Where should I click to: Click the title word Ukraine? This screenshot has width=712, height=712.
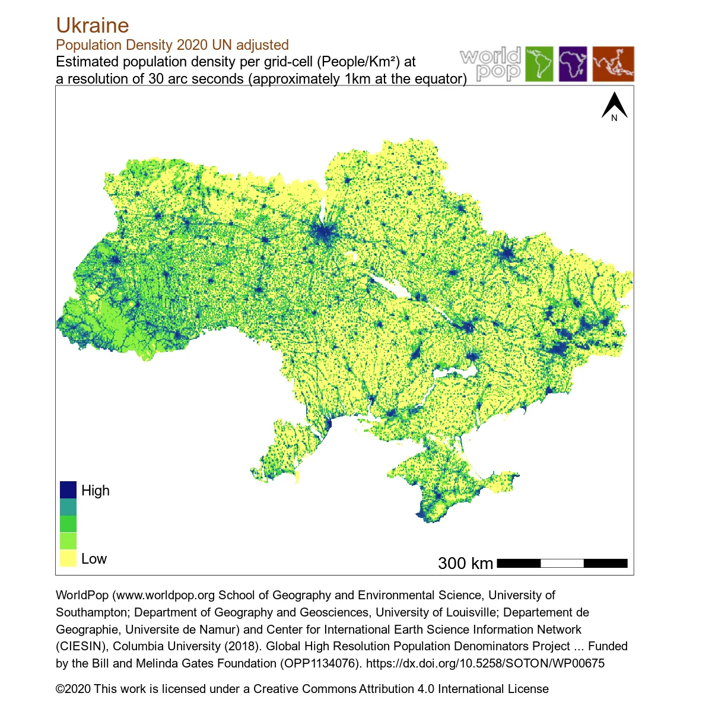coord(93,26)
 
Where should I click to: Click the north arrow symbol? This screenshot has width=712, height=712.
coord(614,106)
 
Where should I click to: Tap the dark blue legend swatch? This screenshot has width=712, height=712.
coord(68,490)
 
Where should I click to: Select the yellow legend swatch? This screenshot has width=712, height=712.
coord(68,558)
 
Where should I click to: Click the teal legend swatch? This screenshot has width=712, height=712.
coord(68,507)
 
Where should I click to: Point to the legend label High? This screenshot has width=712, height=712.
coord(96,491)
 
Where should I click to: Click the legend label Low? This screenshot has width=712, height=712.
coord(94,559)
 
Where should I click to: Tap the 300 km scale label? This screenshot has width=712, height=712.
coord(465,563)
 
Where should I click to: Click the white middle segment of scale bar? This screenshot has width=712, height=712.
coord(562,563)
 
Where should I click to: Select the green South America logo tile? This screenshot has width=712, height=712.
coord(539,64)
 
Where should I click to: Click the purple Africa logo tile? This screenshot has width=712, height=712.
coord(573,64)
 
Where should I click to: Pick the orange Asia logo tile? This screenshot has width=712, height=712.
coord(614,64)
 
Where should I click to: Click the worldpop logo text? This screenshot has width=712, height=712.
coord(491,64)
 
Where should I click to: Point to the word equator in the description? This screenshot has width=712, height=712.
coord(438,79)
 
